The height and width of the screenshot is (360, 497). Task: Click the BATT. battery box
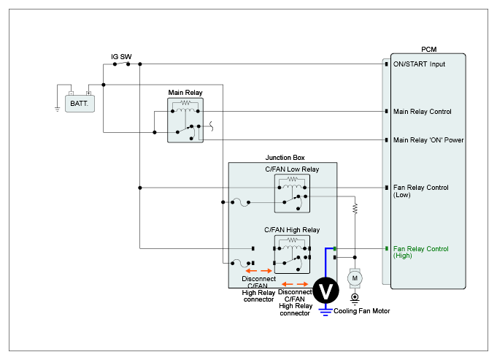coord(80,104)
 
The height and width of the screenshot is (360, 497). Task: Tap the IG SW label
coord(121,57)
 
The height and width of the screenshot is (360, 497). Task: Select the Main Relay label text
coord(185,93)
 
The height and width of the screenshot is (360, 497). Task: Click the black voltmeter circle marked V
coord(325,290)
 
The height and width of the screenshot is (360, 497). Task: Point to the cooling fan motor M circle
coord(355,278)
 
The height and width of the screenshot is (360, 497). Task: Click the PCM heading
coord(429,50)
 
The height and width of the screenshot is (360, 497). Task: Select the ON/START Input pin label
coord(419,64)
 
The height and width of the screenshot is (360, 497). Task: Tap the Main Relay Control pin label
coord(423,112)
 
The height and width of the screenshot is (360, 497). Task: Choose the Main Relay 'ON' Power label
coord(428,140)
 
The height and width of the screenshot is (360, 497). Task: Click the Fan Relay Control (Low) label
coord(420,191)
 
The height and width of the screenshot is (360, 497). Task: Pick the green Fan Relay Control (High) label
coord(420,252)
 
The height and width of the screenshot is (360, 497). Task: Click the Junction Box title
coord(285,158)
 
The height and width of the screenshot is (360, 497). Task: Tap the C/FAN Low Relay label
coord(292,169)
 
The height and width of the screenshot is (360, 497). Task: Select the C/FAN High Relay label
coord(292,230)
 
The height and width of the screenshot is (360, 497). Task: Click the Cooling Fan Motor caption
coord(362,311)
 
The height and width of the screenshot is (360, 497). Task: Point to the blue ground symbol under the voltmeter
coord(325,312)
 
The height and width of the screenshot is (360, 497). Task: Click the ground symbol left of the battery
coord(58,110)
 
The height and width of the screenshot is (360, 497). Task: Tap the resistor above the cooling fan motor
coord(355,208)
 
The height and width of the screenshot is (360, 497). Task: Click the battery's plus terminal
coord(89,93)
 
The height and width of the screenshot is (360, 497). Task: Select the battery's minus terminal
coord(71,93)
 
